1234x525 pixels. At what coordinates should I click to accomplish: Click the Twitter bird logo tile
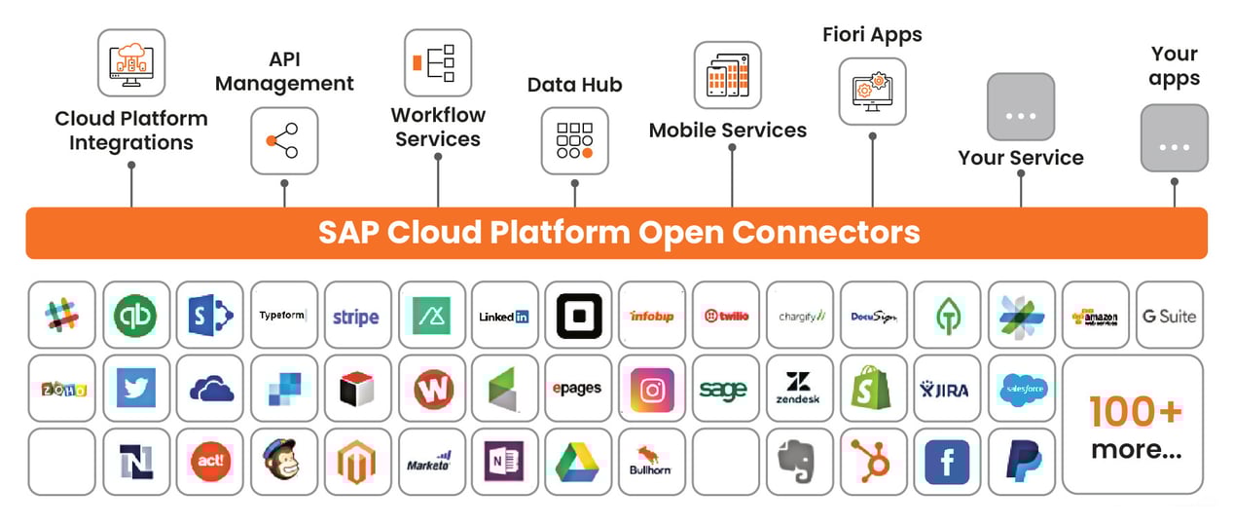[135, 389]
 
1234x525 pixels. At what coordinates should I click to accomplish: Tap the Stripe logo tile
[357, 316]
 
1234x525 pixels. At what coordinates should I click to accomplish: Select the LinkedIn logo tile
[504, 316]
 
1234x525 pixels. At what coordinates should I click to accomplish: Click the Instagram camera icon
[652, 389]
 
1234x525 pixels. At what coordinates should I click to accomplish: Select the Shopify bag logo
[873, 389]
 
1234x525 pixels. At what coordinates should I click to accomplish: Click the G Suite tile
[1169, 316]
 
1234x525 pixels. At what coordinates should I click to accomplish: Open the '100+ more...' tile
[1133, 426]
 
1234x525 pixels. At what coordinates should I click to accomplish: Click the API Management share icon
[284, 141]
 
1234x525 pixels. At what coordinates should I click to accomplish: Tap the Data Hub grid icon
[574, 140]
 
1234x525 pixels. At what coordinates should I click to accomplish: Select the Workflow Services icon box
[437, 62]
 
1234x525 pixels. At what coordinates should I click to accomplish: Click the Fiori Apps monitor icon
[872, 92]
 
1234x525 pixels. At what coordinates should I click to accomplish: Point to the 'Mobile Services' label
[728, 130]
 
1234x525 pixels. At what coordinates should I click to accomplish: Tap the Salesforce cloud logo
[1021, 389]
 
